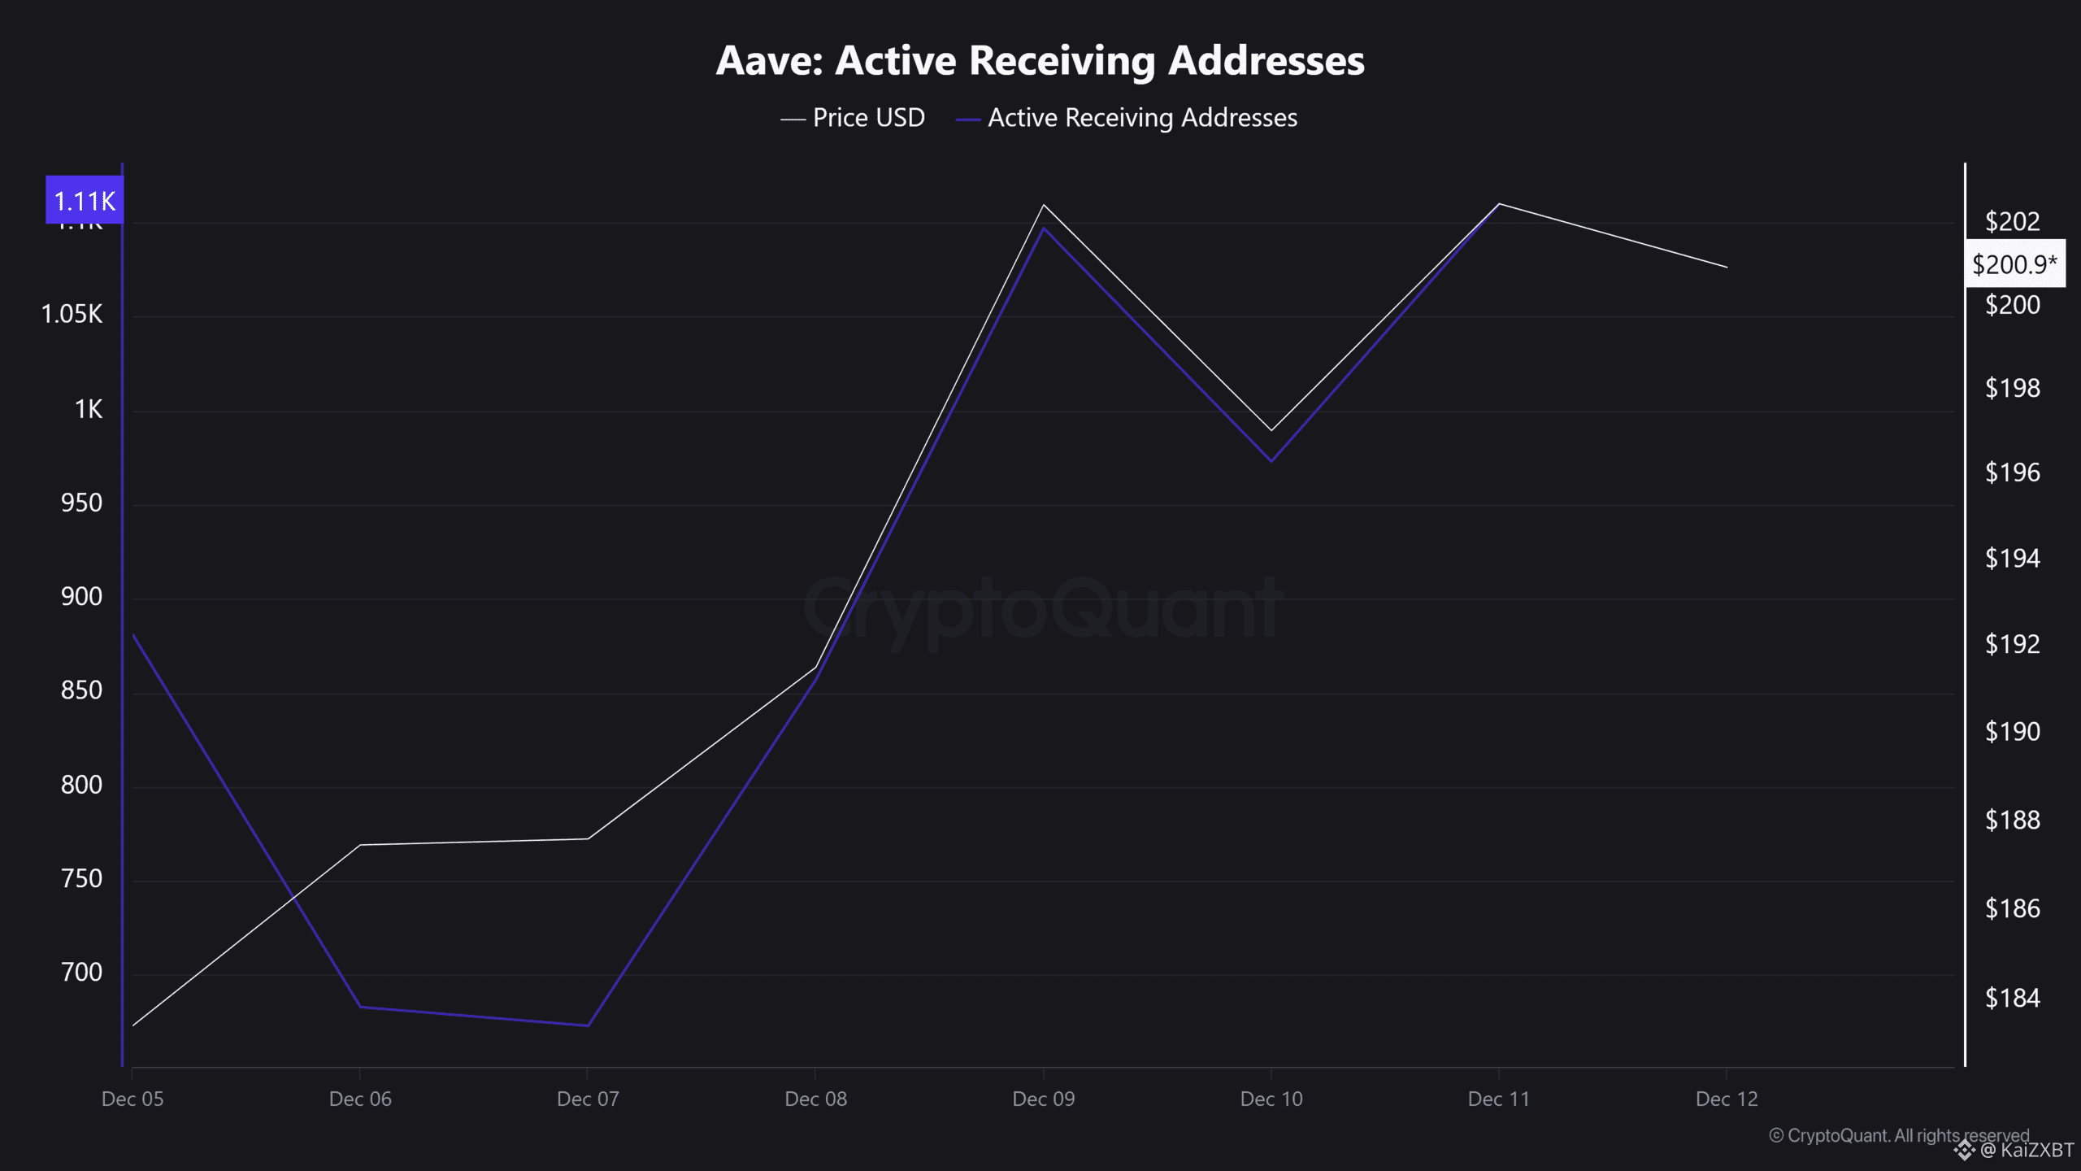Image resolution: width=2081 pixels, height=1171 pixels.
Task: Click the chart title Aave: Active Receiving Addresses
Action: click(x=1040, y=60)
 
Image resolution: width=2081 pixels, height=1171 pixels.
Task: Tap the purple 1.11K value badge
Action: click(x=85, y=201)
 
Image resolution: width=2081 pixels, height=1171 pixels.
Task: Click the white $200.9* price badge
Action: click(x=2014, y=264)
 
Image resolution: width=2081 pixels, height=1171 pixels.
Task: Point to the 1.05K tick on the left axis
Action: click(x=72, y=314)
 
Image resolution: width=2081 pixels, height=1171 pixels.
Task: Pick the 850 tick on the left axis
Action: click(x=81, y=690)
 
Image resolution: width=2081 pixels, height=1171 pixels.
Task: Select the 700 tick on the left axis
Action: click(x=81, y=973)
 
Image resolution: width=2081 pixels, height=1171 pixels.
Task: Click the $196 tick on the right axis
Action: click(x=2012, y=472)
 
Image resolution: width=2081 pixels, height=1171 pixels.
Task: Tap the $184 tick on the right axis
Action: click(x=2012, y=998)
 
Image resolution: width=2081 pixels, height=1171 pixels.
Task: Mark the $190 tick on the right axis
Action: click(x=2012, y=732)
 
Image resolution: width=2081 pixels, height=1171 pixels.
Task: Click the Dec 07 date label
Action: click(x=588, y=1099)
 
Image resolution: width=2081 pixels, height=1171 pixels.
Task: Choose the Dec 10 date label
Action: click(x=1271, y=1099)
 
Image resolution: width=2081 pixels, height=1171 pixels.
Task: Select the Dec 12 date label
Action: click(x=1727, y=1099)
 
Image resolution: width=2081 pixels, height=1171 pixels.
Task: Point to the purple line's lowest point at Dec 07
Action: click(x=588, y=1025)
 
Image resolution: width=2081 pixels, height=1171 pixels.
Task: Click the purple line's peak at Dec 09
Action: click(x=1044, y=228)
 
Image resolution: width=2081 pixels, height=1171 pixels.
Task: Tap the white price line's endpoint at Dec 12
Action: click(x=1727, y=267)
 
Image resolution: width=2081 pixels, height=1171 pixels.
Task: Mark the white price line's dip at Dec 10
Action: click(x=1271, y=430)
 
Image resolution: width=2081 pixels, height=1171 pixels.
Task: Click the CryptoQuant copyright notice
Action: click(x=1898, y=1135)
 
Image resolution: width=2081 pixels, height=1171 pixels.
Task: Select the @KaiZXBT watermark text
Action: click(x=2026, y=1150)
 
